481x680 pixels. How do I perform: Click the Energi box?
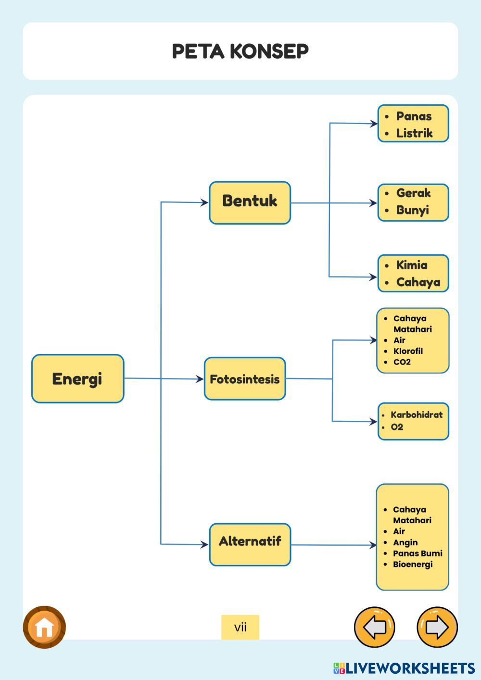click(x=78, y=378)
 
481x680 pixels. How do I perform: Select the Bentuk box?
click(x=250, y=203)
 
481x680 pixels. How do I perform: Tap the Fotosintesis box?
click(x=245, y=378)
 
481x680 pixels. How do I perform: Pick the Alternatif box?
click(x=250, y=544)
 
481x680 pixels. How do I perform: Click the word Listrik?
click(x=414, y=133)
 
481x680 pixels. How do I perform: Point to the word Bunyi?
click(x=412, y=210)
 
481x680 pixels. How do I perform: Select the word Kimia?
click(x=412, y=265)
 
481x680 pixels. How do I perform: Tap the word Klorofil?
click(x=408, y=351)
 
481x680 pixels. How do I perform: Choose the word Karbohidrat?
click(x=417, y=415)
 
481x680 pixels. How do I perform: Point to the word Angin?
click(x=405, y=542)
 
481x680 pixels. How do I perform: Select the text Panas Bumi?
click(x=418, y=553)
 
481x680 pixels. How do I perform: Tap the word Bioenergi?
click(x=413, y=564)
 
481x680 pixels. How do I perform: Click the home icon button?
click(x=44, y=627)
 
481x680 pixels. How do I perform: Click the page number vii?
click(x=240, y=627)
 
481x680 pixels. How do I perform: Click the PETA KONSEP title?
click(x=240, y=51)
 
